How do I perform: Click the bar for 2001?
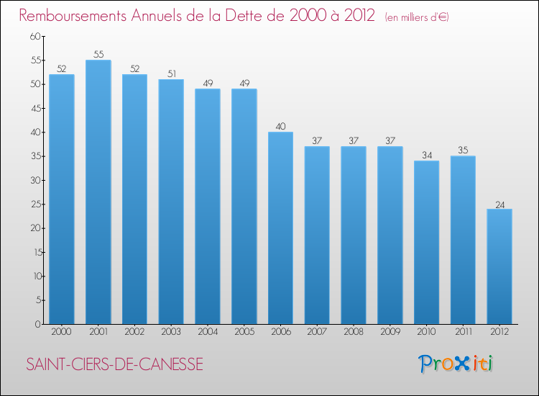pos(98,192)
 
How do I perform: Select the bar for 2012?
pos(499,266)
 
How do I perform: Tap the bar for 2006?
pos(280,228)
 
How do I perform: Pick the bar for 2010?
pos(426,243)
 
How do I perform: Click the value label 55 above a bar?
pos(98,55)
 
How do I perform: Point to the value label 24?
pos(499,204)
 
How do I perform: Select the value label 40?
pos(280,127)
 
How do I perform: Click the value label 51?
pos(171,74)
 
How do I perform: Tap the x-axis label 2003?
pos(171,333)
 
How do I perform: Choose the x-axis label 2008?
pos(354,333)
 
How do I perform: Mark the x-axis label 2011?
pos(463,333)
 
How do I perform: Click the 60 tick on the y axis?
pos(34,37)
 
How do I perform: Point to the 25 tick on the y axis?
pos(34,204)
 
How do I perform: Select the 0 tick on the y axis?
pos(37,324)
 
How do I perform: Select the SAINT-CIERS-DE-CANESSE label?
pos(114,365)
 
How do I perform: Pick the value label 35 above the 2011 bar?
pos(463,150)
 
